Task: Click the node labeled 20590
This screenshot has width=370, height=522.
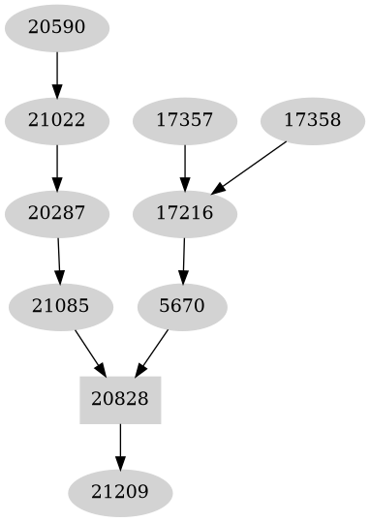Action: click(x=57, y=28)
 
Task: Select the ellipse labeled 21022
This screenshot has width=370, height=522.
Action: click(x=57, y=121)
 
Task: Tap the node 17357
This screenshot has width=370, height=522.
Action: click(x=185, y=121)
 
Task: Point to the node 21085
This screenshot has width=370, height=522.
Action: click(x=61, y=307)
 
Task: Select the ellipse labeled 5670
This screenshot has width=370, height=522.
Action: click(x=182, y=307)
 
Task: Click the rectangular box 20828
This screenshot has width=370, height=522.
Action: click(x=120, y=400)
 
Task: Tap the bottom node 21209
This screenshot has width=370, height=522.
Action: click(x=120, y=493)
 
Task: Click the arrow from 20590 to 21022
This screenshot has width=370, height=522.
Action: click(x=57, y=75)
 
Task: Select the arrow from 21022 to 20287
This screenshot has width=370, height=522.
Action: click(x=57, y=168)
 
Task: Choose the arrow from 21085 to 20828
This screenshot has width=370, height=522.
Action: click(x=89, y=352)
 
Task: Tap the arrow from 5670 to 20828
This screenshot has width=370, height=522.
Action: click(x=153, y=352)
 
